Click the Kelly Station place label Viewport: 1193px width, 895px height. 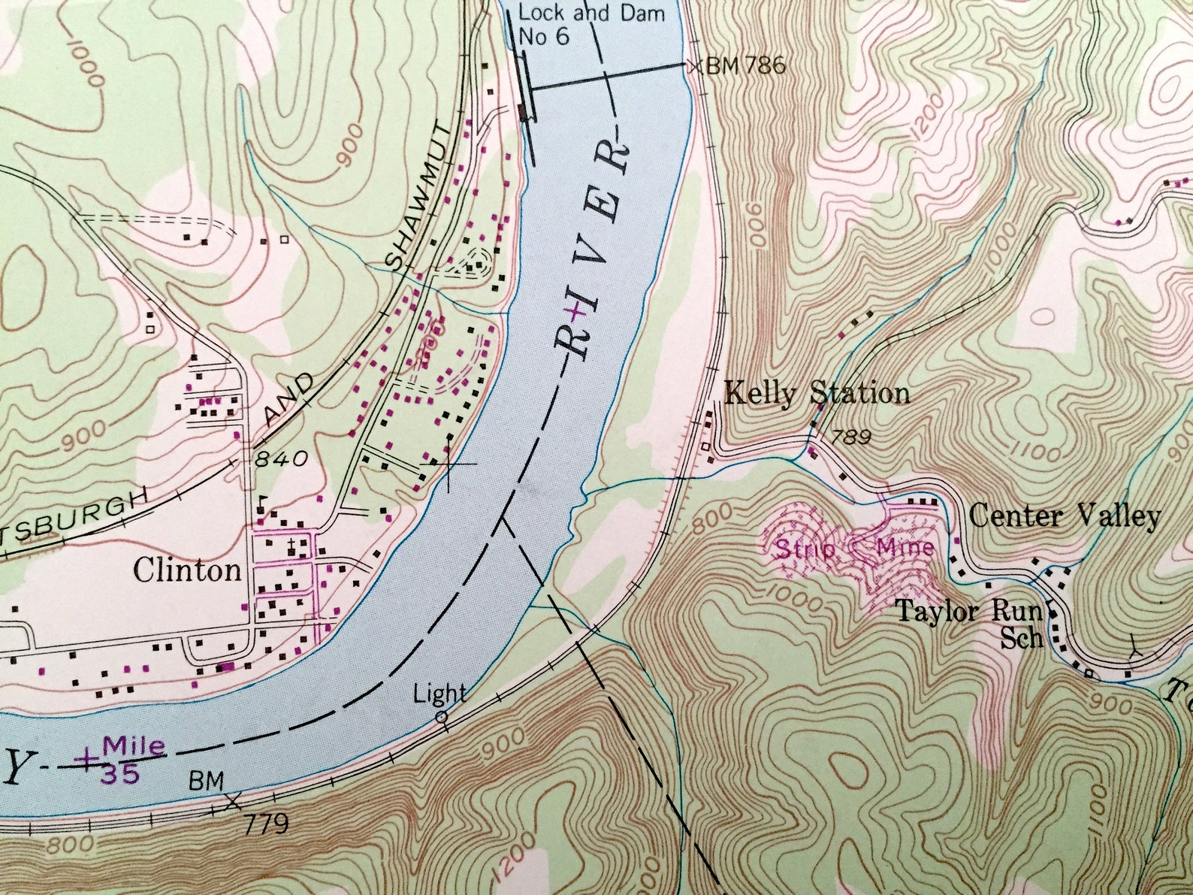point(816,393)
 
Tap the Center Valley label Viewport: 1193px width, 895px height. point(1065,516)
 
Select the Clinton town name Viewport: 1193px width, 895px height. point(187,570)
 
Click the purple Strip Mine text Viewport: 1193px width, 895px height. point(854,548)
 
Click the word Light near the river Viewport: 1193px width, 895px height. point(439,693)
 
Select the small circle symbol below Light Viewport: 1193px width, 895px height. point(442,717)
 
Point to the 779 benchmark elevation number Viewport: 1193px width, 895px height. point(266,824)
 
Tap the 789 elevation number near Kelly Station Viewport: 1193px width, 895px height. point(850,437)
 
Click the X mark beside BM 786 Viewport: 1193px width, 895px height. point(693,65)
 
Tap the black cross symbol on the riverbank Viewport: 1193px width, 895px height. point(449,464)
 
